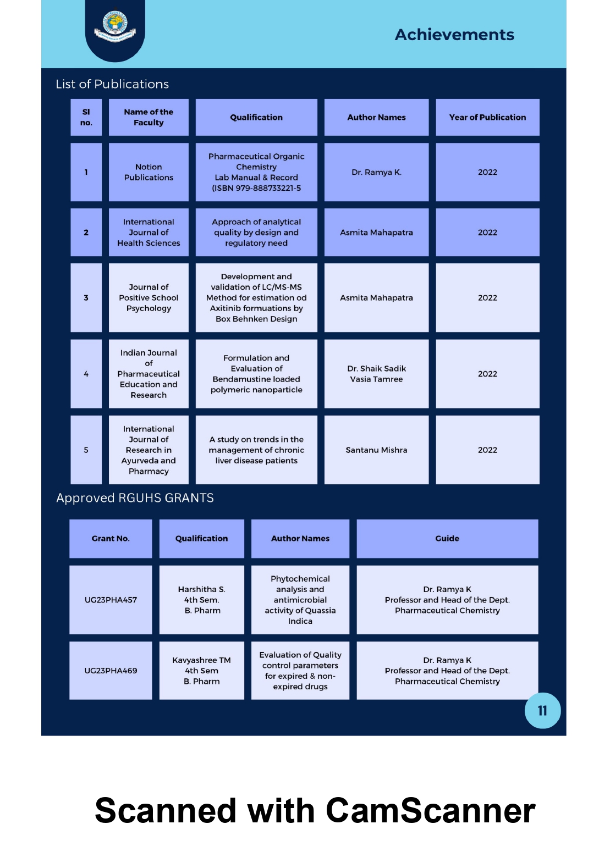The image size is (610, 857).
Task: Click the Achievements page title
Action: point(454,35)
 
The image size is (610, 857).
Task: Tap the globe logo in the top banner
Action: point(115,26)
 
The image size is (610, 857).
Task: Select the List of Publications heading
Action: point(112,84)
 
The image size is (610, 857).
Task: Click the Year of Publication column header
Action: point(487,117)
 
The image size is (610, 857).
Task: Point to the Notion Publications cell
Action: point(149,172)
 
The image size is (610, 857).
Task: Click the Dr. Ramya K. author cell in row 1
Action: point(376,172)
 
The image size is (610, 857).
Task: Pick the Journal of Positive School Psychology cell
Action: point(149,297)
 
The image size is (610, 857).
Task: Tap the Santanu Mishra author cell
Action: point(376,450)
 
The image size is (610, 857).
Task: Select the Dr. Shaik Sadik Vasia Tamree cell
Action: point(376,374)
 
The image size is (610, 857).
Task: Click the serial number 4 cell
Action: point(86,374)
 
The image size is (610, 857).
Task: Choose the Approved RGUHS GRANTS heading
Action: point(135,497)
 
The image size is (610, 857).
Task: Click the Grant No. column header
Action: point(111,538)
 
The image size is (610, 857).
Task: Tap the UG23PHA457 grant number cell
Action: point(111,600)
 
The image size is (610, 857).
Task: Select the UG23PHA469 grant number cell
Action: point(111,670)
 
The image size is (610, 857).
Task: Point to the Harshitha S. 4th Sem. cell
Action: point(202,600)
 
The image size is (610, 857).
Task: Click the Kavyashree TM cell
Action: point(202,670)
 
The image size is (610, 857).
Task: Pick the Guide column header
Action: point(447,538)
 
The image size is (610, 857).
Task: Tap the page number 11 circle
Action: point(542,710)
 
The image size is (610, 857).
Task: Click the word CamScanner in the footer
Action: point(430,810)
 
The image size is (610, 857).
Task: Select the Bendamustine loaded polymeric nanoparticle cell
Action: point(256,374)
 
